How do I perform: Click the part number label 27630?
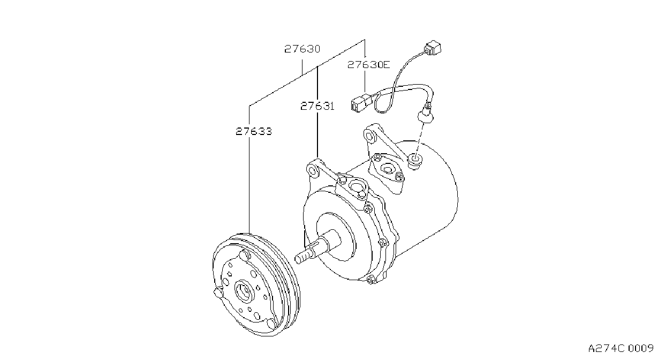pos(302,49)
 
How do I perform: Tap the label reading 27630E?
pos(369,64)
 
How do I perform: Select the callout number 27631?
pos(317,106)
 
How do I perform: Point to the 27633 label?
pos(254,131)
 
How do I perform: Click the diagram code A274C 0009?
pos(621,348)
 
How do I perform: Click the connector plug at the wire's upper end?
pos(433,48)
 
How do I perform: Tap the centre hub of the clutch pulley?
pos(244,291)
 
